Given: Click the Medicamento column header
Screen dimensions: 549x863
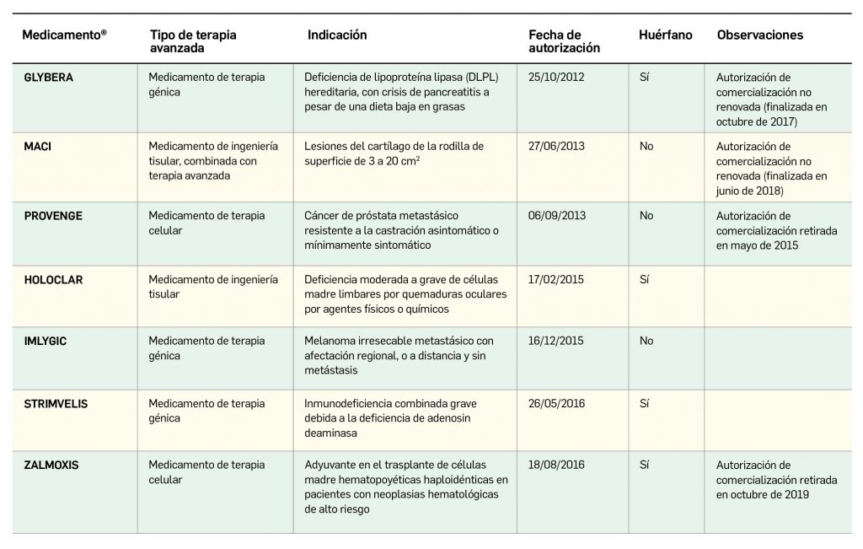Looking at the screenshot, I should [x=64, y=35].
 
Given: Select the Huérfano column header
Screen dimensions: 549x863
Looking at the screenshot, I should [x=666, y=35].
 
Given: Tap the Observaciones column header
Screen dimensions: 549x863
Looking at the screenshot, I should [x=759, y=35].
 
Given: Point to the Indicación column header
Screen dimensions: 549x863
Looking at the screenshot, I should [x=337, y=35].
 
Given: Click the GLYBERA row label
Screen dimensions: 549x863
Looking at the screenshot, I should [x=49, y=78].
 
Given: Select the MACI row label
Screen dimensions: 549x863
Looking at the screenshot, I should [x=38, y=147].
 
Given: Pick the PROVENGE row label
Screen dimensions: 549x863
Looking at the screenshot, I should [x=53, y=216].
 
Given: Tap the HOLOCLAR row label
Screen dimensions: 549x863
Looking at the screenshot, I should [x=54, y=280].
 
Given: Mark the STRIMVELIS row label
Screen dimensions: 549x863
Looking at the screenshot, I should [x=56, y=404].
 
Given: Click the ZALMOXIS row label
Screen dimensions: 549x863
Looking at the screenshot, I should [x=52, y=465].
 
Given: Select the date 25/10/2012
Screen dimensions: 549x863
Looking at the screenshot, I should [x=556, y=78].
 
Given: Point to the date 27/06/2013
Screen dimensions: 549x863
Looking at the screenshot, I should [x=556, y=147].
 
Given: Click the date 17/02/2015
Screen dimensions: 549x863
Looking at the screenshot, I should [x=556, y=280].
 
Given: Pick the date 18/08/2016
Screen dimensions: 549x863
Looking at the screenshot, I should [x=556, y=465].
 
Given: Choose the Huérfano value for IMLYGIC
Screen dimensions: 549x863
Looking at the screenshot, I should [x=646, y=342].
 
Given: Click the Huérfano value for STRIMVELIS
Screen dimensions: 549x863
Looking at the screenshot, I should [x=645, y=404].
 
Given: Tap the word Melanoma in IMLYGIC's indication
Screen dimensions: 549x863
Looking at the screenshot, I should [x=330, y=342].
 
